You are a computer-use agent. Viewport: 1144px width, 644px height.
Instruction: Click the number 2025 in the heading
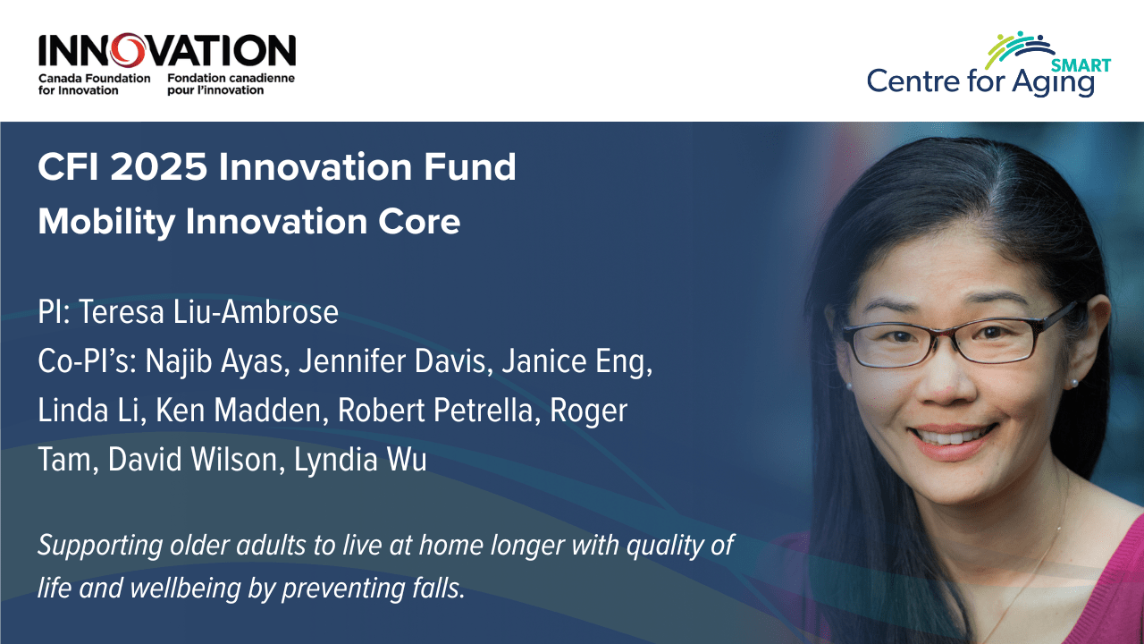[159, 167]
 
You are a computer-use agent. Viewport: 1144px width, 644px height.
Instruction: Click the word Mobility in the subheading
[106, 223]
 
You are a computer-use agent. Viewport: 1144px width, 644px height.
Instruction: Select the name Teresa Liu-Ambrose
[208, 312]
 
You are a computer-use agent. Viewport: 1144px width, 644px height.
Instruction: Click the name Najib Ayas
[217, 362]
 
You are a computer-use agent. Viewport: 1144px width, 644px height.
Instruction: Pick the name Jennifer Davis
[396, 361]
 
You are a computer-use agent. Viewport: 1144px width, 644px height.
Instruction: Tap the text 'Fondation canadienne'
[231, 78]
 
